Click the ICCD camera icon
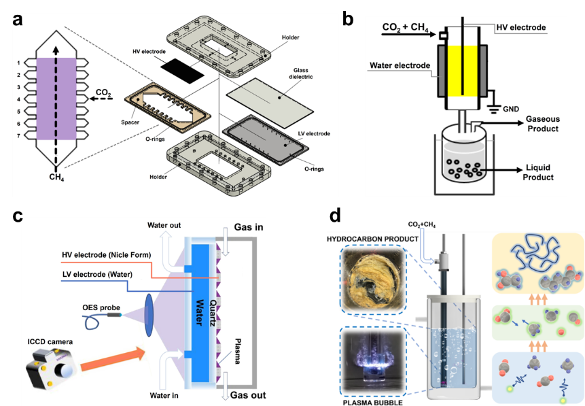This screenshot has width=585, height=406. tap(51, 367)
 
